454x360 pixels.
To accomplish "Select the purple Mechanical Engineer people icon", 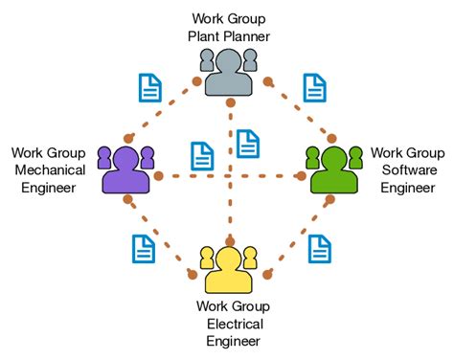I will click(125, 169).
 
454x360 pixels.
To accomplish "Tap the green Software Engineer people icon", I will click(332, 169).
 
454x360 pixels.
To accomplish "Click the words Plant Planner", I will click(229, 36).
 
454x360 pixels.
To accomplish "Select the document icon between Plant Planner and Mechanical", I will click(150, 87).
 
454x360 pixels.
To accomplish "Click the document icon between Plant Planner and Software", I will click(314, 87).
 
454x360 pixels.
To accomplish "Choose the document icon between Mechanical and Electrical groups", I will click(143, 250).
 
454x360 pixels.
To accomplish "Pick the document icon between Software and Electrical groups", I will click(320, 249).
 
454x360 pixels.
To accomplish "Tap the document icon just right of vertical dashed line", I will click(248, 144).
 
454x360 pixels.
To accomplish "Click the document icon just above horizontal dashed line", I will click(202, 156).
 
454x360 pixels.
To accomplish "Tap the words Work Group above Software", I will click(407, 152).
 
